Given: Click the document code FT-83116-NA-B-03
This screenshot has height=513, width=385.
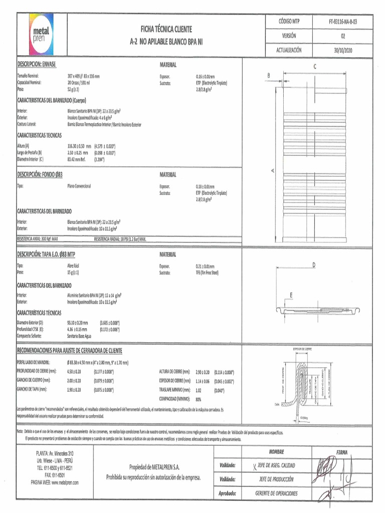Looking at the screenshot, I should (x=343, y=22).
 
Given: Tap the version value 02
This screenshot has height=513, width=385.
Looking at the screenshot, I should (x=343, y=36).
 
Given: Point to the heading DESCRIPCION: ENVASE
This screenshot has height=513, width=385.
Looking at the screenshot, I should (x=37, y=65).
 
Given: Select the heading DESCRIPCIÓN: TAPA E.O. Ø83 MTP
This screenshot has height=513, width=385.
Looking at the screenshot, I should (x=46, y=254).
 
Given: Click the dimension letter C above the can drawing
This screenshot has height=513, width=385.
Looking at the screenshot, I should (x=315, y=67).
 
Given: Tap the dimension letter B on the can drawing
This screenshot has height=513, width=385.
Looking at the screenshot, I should (x=268, y=76).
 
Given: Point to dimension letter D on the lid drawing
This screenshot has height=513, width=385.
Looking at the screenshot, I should (x=313, y=265).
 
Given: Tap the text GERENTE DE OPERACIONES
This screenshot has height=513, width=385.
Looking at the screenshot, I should (x=277, y=493).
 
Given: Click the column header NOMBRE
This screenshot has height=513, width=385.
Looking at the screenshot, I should (x=276, y=452).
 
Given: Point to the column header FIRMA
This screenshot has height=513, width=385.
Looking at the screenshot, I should (x=342, y=452).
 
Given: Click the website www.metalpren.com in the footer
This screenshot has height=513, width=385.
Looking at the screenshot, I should (x=55, y=482).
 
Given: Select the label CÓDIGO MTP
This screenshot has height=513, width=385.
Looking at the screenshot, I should (x=289, y=22).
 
